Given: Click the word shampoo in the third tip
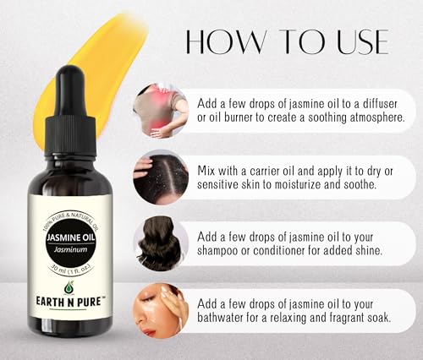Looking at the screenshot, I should pyautogui.click(x=224, y=250).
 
